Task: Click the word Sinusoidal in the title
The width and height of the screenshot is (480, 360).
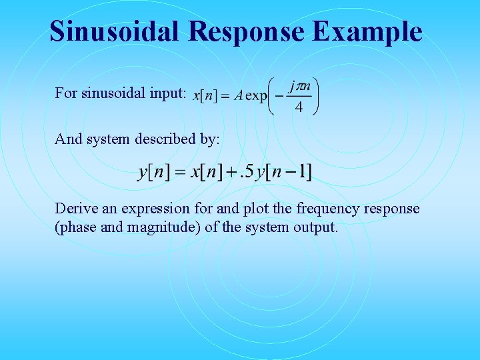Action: tap(114, 32)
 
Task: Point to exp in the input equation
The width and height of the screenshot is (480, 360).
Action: tap(256, 95)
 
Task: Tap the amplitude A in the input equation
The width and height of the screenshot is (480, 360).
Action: tap(238, 95)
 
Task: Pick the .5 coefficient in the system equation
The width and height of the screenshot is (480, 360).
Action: tap(246, 172)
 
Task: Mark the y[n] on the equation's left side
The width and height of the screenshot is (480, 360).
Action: tap(153, 172)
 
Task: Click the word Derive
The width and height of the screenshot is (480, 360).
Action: tap(74, 209)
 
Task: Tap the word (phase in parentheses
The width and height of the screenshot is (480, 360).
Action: tap(77, 227)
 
